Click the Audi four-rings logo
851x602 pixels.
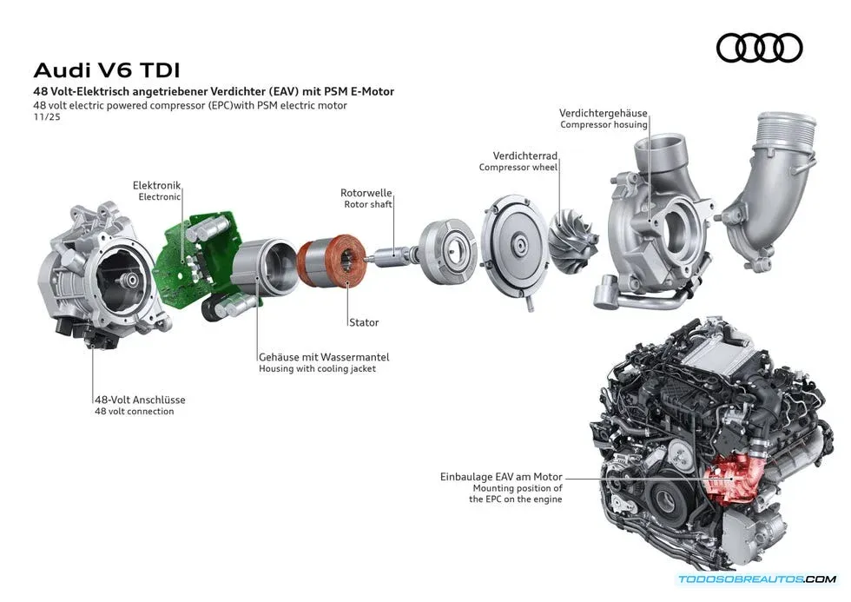click(759, 48)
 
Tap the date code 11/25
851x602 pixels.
click(43, 117)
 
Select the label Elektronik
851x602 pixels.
click(156, 185)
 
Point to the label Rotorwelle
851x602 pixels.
click(366, 193)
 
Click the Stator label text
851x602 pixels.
click(363, 322)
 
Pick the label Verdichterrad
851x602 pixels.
click(524, 155)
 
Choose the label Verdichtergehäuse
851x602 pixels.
click(604, 113)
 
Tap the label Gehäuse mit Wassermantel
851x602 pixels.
click(323, 356)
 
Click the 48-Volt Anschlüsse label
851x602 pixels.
click(140, 400)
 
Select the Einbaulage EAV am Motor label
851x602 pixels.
click(501, 477)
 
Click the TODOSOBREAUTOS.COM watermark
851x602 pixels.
click(756, 579)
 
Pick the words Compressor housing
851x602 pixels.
click(604, 124)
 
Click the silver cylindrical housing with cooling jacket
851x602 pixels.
click(258, 268)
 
